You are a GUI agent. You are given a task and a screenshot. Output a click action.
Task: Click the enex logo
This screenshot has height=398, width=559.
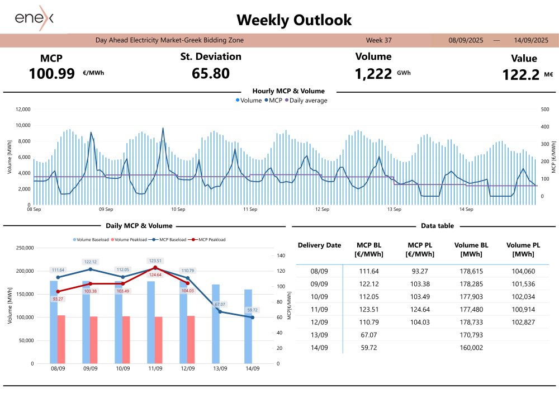pyautogui.click(x=34, y=18)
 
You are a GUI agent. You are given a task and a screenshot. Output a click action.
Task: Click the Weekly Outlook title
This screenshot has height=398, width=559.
pyautogui.click(x=294, y=20)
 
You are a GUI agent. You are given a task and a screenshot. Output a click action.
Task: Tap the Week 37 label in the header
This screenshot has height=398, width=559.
pyautogui.click(x=378, y=40)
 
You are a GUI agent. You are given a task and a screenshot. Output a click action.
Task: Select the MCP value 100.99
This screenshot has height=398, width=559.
pyautogui.click(x=51, y=73)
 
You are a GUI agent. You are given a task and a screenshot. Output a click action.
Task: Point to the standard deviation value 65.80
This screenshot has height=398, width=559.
pyautogui.click(x=211, y=73)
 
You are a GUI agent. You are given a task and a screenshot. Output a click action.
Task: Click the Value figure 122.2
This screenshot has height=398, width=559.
pyautogui.click(x=520, y=75)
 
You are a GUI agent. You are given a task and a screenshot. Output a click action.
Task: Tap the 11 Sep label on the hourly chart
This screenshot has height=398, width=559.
pyautogui.click(x=250, y=210)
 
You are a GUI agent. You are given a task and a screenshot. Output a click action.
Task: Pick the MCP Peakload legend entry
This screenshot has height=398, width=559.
pyautogui.click(x=209, y=240)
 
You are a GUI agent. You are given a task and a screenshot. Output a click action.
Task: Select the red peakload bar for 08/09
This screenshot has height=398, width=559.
pyautogui.click(x=61, y=339)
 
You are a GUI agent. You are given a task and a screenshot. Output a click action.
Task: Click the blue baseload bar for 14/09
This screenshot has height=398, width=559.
pyautogui.click(x=248, y=326)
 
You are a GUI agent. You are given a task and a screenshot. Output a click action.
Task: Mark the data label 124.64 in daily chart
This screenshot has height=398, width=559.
pyautogui.click(x=155, y=274)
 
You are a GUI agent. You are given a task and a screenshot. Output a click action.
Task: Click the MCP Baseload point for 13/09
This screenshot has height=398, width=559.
pyautogui.click(x=220, y=311)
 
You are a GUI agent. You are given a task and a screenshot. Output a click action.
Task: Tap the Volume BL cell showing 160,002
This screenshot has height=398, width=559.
pyautogui.click(x=472, y=348)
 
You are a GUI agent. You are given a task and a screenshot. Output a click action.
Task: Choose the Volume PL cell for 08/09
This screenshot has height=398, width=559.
pyautogui.click(x=523, y=271)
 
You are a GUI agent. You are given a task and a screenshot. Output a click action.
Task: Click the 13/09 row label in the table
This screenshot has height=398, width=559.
pyautogui.click(x=319, y=335)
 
